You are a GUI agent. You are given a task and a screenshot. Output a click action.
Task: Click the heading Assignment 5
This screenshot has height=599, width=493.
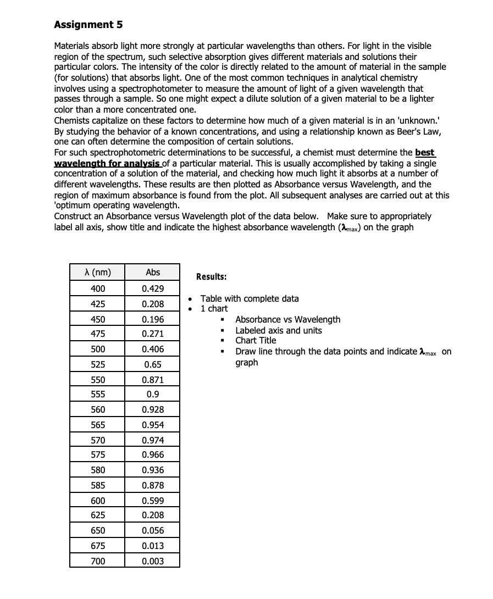point(88,25)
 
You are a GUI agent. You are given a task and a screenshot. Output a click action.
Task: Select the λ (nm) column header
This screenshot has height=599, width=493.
point(97,273)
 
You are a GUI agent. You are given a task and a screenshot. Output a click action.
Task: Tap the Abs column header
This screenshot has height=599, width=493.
point(153,273)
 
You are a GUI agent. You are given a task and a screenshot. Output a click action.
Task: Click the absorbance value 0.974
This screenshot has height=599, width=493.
point(153,440)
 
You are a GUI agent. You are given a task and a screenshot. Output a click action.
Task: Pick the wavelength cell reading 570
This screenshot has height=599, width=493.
point(98,440)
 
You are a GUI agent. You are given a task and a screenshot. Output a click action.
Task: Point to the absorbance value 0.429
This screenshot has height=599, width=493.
point(153,289)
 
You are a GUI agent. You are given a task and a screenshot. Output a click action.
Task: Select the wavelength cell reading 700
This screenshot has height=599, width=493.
point(98,561)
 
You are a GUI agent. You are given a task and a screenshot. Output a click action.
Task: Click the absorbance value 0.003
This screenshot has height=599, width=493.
point(153,561)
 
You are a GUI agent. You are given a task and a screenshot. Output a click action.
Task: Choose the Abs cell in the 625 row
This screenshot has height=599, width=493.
point(153,515)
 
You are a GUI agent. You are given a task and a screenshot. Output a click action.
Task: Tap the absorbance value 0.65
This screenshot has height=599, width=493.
point(153,364)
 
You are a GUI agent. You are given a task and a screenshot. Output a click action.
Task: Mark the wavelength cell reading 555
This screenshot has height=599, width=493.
point(98,394)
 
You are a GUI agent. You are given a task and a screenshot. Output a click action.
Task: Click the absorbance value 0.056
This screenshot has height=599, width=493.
point(153,531)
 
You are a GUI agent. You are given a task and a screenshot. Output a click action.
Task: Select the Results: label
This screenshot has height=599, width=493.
point(212,277)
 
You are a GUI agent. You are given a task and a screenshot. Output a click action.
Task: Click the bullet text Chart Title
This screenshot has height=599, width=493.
point(256,341)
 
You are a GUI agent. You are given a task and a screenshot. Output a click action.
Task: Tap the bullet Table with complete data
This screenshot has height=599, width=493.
point(250,299)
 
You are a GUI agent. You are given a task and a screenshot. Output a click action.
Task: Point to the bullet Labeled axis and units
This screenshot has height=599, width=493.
point(279,331)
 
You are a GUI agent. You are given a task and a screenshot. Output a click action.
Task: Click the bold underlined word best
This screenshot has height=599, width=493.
point(425,152)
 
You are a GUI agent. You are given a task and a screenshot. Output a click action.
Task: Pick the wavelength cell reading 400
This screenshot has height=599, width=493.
point(98,289)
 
